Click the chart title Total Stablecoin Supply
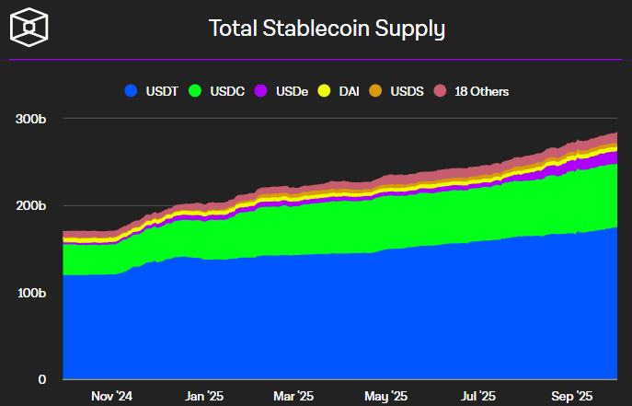pos(327,29)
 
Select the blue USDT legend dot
pos(131,91)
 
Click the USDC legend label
pos(226,91)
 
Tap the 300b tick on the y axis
pos(30,119)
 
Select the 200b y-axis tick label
pos(30,205)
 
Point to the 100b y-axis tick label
pos(30,293)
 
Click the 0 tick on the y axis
pos(41,379)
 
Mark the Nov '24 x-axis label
pos(112,397)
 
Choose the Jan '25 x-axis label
pos(203,397)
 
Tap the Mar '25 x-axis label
pos(294,397)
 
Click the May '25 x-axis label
pos(386,397)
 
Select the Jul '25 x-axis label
pos(478,397)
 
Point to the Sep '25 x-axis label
pos(571,397)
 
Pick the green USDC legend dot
pos(194,91)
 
